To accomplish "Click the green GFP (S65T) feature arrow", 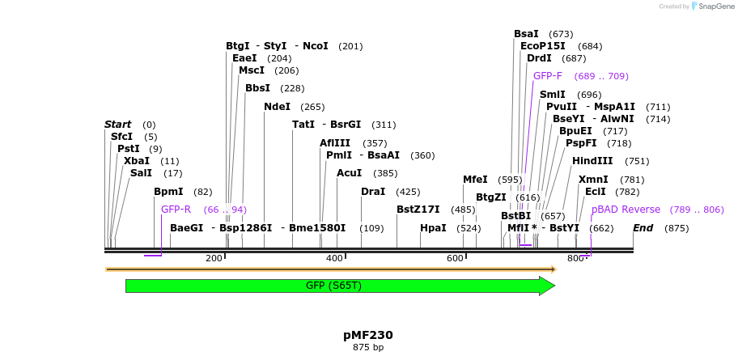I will pyautogui.click(x=340, y=286).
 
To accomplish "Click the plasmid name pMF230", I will pyautogui.click(x=368, y=335).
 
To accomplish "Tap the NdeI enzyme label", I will pyautogui.click(x=277, y=107).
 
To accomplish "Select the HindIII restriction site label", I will pyautogui.click(x=592, y=161).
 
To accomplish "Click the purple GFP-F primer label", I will pyautogui.click(x=548, y=76).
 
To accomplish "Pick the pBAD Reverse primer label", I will pyautogui.click(x=626, y=210).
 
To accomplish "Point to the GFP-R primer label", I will pyautogui.click(x=176, y=210).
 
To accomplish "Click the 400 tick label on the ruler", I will pyautogui.click(x=334, y=258).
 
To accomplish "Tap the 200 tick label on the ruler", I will pyautogui.click(x=214, y=258).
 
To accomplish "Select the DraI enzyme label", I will pyautogui.click(x=373, y=192).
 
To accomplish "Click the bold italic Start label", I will pyautogui.click(x=117, y=125).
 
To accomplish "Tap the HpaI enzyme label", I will pyautogui.click(x=433, y=228).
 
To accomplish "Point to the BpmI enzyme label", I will pyautogui.click(x=168, y=192).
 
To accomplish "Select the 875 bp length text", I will pyautogui.click(x=368, y=348).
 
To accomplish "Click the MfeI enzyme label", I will pyautogui.click(x=475, y=180).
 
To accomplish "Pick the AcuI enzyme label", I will pyautogui.click(x=349, y=173).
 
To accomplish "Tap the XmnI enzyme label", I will pyautogui.click(x=593, y=180).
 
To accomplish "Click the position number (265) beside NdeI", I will pyautogui.click(x=312, y=107).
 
